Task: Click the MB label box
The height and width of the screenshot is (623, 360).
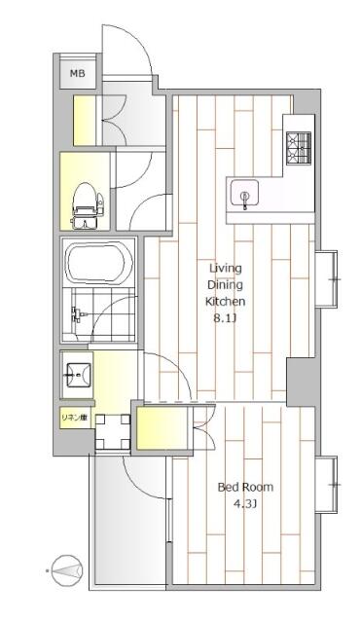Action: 76,74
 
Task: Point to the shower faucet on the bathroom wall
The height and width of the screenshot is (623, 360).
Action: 77,314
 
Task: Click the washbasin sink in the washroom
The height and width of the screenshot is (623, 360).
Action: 77,374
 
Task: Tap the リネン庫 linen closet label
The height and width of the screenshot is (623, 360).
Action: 76,419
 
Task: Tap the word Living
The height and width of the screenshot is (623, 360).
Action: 226,268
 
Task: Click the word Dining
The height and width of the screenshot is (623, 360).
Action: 226,284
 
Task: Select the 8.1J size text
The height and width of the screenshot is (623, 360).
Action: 226,318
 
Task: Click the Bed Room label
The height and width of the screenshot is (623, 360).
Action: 245,487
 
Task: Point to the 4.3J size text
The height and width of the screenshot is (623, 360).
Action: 245,504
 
